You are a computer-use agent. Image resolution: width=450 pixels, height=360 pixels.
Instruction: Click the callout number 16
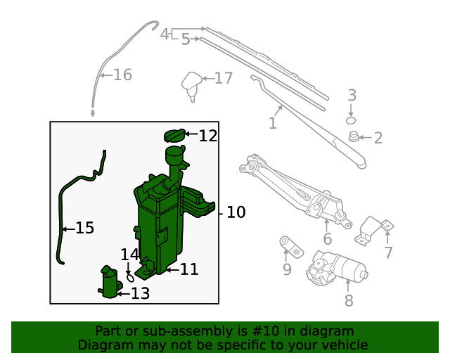pos(122,75)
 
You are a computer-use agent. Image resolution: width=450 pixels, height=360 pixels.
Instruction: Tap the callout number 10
pos(236,212)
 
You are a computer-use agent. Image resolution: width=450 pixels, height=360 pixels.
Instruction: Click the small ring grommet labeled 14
pos(130,276)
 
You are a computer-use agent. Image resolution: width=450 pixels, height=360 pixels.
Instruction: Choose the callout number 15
pos(84,228)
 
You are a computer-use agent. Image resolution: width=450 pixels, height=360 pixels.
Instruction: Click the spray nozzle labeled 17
pos(191,83)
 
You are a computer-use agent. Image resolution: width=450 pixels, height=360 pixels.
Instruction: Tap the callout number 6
pos(327,240)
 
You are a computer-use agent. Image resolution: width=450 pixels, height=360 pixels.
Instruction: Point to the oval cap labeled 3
pos(352,121)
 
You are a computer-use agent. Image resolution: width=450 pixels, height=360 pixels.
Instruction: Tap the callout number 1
pos(272,124)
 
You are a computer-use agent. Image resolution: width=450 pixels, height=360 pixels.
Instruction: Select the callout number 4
pos(164,34)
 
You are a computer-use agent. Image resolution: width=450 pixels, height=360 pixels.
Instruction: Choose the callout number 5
pos(186,39)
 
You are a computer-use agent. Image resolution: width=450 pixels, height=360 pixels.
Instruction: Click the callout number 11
pos(189,269)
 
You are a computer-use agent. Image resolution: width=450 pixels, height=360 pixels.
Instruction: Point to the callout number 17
pos(223,77)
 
